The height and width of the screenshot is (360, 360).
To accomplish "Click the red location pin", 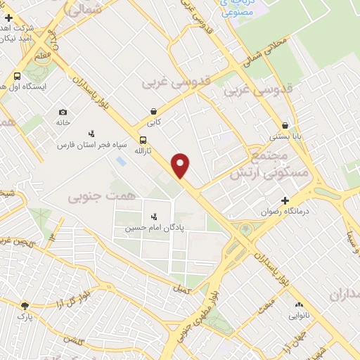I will coord(181,165).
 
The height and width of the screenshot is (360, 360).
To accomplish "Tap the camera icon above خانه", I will coord(63,112).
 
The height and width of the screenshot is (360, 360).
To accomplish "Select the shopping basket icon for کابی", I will coord(153,111).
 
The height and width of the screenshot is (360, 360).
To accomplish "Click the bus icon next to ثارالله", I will coord(143,140).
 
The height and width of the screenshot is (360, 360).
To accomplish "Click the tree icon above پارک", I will coord(25,306).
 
